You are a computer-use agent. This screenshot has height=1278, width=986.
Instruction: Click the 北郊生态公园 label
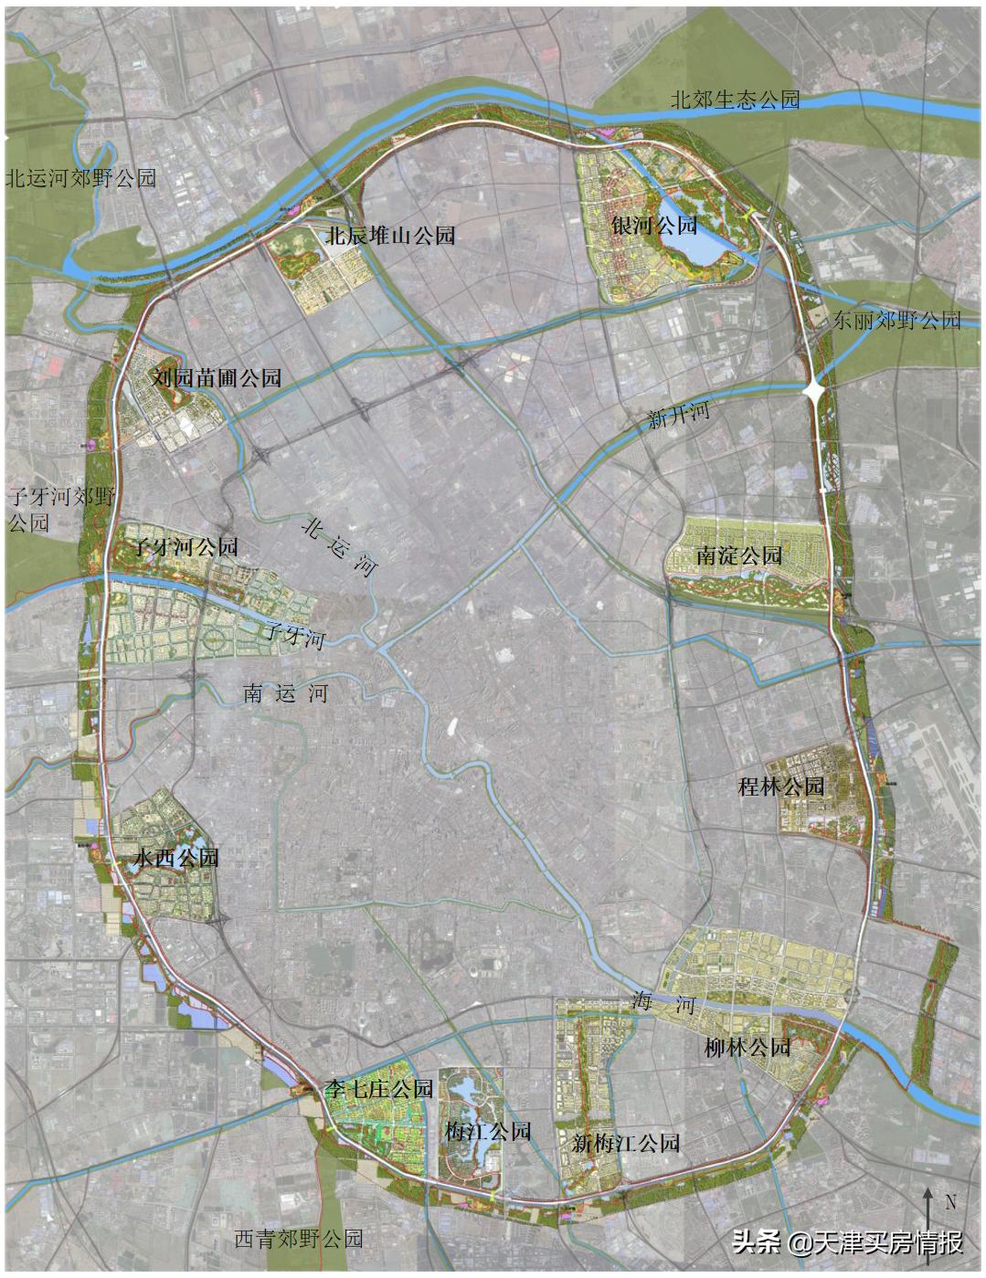pyautogui.click(x=735, y=100)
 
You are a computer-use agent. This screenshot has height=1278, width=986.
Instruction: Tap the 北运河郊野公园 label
pyautogui.click(x=80, y=177)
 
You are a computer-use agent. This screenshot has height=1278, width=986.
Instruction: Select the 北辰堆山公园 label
pyautogui.click(x=390, y=236)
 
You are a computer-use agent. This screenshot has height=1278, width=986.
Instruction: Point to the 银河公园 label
pyautogui.click(x=654, y=225)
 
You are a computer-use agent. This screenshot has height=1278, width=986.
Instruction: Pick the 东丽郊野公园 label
pyautogui.click(x=896, y=320)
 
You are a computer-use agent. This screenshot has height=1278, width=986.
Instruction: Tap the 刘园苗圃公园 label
pyautogui.click(x=217, y=377)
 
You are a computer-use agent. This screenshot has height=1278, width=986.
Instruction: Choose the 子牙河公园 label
pyautogui.click(x=186, y=547)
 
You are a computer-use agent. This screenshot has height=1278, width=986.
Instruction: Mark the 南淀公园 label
pyautogui.click(x=738, y=555)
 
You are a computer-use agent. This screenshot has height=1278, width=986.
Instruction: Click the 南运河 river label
pyautogui.click(x=285, y=693)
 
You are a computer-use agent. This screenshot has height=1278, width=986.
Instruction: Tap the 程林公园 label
pyautogui.click(x=780, y=786)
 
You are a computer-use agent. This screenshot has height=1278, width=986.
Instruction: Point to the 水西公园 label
pyautogui.click(x=175, y=858)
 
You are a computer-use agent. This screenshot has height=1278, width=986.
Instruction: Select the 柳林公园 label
pyautogui.click(x=747, y=1047)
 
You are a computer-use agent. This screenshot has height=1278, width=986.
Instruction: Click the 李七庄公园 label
pyautogui.click(x=377, y=1089)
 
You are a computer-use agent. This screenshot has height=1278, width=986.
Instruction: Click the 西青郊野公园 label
pyautogui.click(x=299, y=1239)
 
